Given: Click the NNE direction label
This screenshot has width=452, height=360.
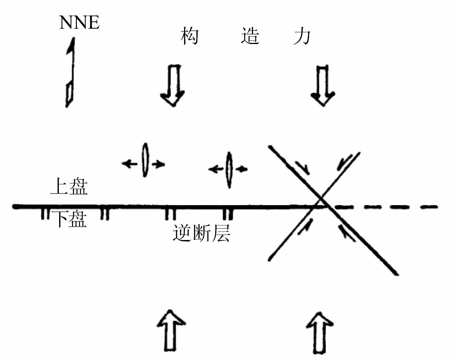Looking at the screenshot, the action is [x=79, y=22].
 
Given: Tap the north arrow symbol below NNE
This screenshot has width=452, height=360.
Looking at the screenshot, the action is [x=70, y=73].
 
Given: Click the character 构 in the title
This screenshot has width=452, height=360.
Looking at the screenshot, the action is [x=189, y=36].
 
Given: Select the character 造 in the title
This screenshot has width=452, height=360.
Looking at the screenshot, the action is [x=250, y=36].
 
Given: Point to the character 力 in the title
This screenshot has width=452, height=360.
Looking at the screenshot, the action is [x=302, y=36].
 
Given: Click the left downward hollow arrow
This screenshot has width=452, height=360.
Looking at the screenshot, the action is [x=172, y=85].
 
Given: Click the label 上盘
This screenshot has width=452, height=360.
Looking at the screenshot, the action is [x=69, y=187].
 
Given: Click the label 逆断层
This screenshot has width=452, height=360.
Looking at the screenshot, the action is [x=201, y=234].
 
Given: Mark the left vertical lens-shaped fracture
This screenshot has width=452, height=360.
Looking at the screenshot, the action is [x=145, y=160].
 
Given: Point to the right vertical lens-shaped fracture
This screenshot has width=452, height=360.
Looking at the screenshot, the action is [x=229, y=170].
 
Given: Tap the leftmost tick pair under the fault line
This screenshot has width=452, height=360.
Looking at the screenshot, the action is [x=45, y=214].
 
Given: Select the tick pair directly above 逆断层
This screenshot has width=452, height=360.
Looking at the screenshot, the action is [x=170, y=214].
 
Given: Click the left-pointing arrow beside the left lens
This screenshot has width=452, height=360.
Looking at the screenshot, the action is [x=130, y=164].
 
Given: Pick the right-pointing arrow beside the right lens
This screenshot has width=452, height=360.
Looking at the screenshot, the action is [x=242, y=169].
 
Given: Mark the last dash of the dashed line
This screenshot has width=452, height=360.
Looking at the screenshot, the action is [x=430, y=207].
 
